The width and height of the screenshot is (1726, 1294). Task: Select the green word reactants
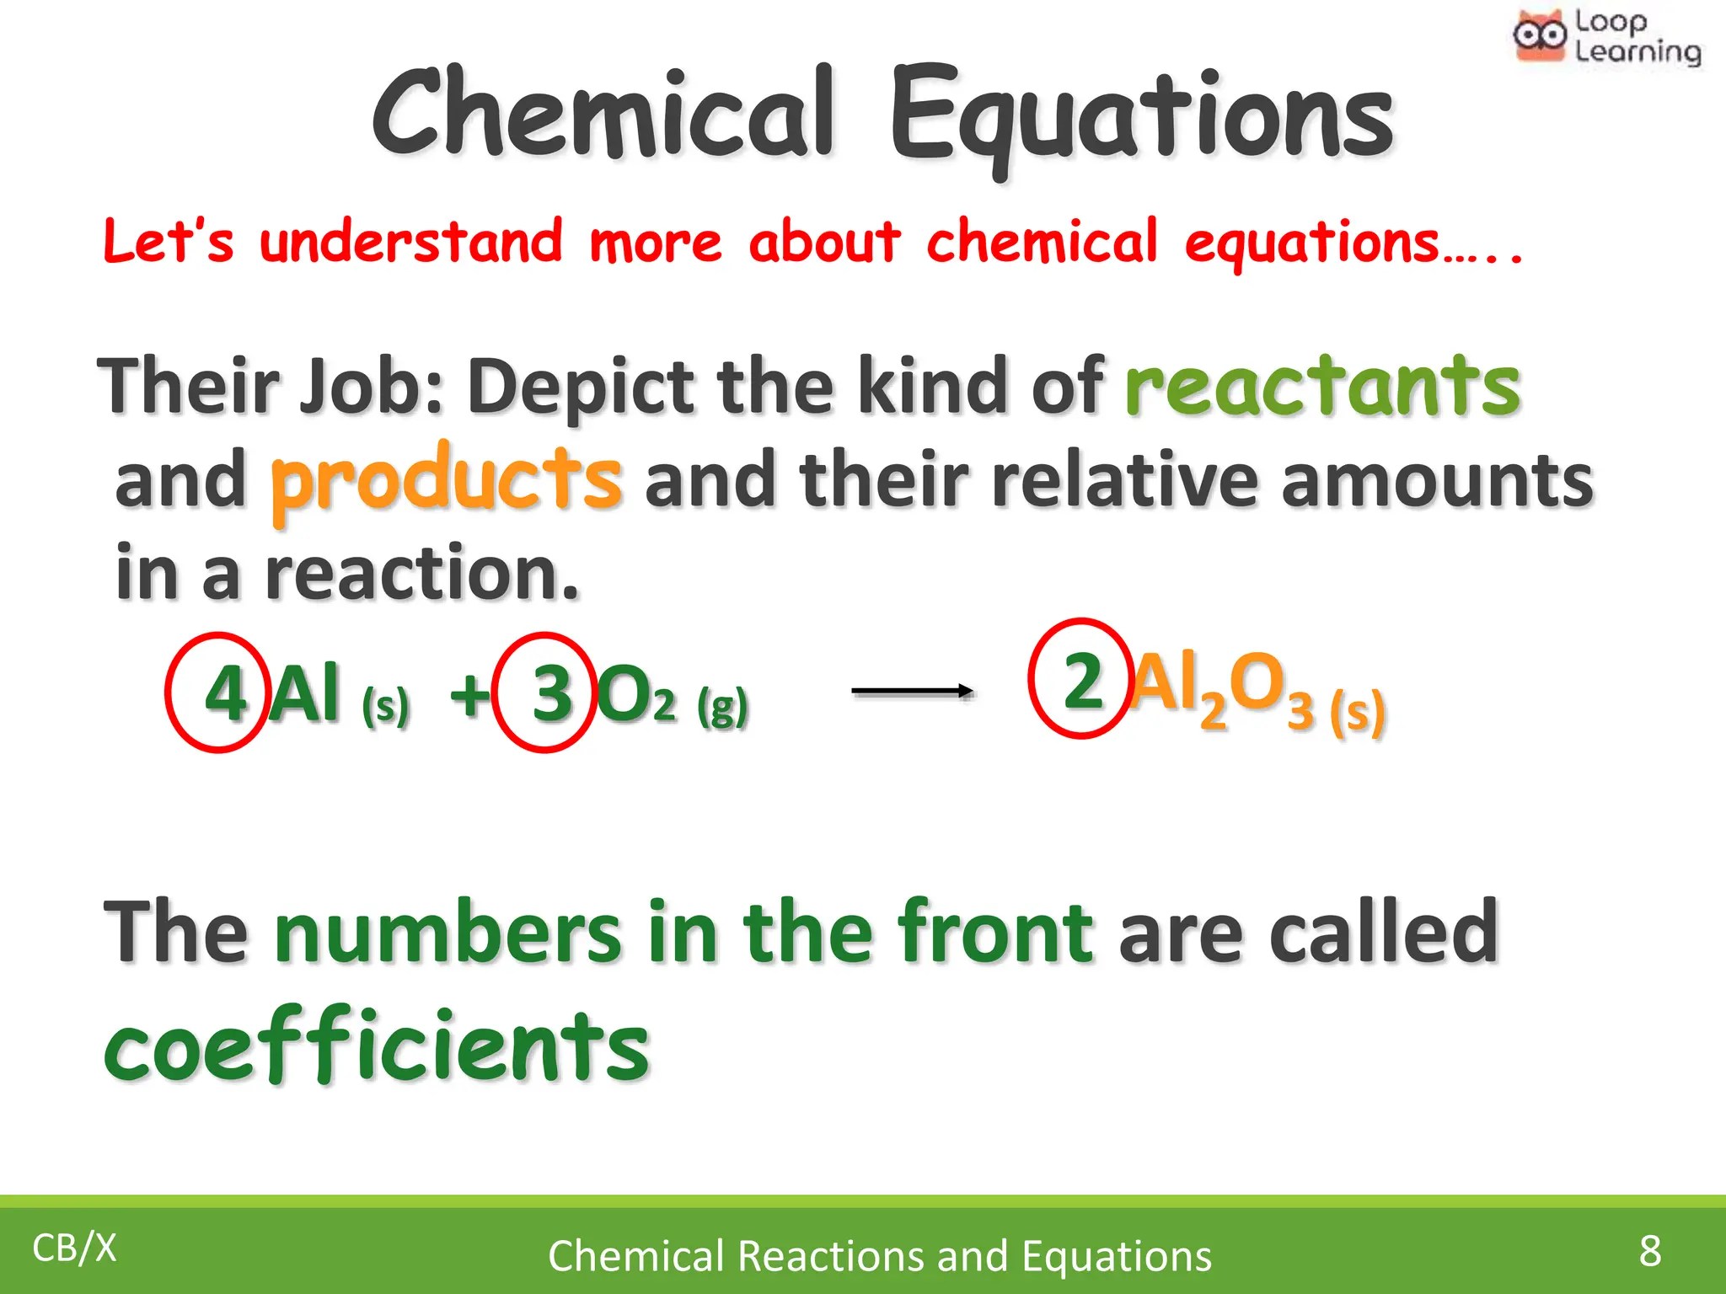1322,387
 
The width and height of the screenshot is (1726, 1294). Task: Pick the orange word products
447,480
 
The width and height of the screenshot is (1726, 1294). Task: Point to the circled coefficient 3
552,693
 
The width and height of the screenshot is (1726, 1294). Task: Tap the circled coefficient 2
1082,681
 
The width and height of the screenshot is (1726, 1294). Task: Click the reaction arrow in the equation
913,691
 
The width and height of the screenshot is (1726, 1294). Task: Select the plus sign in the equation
469,696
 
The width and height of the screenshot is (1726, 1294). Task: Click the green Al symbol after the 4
304,693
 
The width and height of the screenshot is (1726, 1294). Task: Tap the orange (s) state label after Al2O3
1357,713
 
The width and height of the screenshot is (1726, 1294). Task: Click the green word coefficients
377,1047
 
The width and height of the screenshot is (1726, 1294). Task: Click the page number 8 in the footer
1649,1250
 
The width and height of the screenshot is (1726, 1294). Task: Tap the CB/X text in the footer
74,1248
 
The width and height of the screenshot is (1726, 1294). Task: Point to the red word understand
410,242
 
